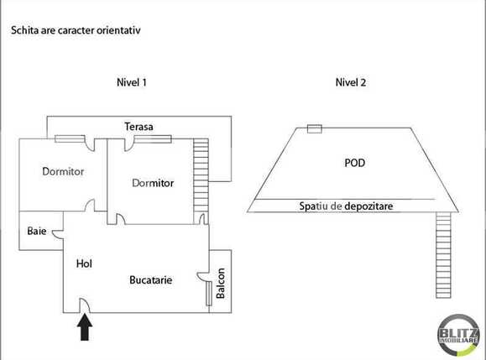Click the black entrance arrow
(84, 327)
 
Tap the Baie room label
(36, 231)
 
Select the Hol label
(83, 263)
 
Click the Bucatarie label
(151, 280)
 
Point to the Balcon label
(221, 283)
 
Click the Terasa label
(138, 126)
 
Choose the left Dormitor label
(64, 171)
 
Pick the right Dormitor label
(153, 183)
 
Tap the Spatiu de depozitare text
(347, 206)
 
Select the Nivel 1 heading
(132, 82)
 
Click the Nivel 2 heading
(350, 82)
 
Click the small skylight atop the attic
(315, 128)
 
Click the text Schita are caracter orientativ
(75, 30)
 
